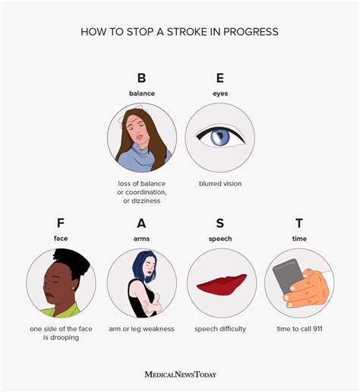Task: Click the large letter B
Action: point(141,78)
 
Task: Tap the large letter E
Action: point(219,78)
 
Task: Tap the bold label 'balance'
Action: point(141,93)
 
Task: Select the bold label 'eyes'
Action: point(219,93)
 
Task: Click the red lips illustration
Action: point(221,285)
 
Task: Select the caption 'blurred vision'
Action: point(220,183)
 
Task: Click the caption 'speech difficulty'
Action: point(221,328)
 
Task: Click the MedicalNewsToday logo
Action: point(180,374)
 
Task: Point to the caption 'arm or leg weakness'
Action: point(141,328)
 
